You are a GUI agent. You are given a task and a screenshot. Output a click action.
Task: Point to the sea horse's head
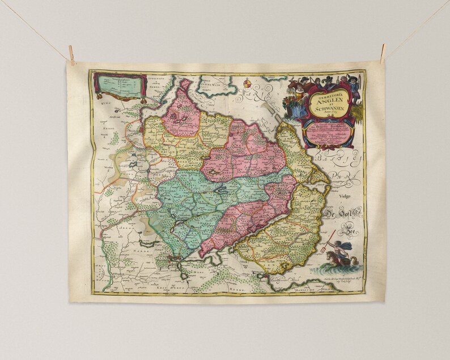tap(328, 260)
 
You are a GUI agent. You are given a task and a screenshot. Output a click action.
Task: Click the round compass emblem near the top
tap(247, 84)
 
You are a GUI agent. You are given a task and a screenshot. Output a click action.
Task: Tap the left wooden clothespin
tap(71, 54)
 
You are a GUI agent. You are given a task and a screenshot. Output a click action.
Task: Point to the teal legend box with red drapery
tap(118, 85)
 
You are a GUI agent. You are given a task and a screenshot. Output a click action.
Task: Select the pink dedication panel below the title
tap(328, 134)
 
